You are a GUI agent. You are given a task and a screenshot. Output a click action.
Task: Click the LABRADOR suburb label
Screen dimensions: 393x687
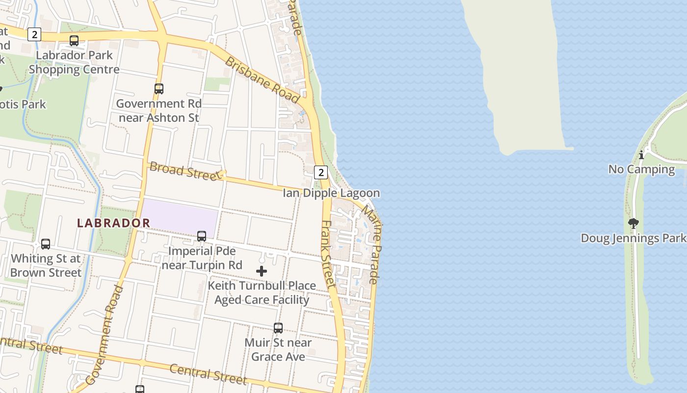tap(113, 223)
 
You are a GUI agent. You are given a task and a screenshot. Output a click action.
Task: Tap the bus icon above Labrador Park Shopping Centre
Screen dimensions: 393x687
tap(74, 41)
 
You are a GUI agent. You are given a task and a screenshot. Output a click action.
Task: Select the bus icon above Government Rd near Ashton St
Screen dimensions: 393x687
tap(159, 89)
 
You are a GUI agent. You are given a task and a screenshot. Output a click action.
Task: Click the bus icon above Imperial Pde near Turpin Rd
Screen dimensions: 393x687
tap(202, 236)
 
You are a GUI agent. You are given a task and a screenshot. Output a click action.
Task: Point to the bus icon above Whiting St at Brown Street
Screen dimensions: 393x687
tap(46, 244)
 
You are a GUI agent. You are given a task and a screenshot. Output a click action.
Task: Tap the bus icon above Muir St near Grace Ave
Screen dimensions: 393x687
tap(278, 328)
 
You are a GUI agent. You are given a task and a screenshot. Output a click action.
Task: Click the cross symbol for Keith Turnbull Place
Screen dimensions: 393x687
tap(262, 271)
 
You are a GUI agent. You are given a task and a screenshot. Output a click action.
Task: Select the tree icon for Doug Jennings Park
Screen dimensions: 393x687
tap(634, 224)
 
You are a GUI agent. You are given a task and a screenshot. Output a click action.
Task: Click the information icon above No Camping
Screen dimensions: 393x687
tap(641, 155)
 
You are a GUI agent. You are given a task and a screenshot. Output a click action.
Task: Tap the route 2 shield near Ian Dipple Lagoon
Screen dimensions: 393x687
tap(320, 172)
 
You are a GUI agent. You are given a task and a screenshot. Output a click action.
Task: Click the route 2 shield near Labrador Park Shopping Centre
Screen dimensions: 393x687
tap(34, 34)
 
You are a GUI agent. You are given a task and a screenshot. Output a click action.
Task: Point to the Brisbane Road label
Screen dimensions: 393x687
tap(262, 80)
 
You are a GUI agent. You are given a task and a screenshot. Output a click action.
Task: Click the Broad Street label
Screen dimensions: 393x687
tap(185, 171)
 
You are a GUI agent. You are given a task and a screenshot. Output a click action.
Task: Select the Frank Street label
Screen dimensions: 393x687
tap(327, 253)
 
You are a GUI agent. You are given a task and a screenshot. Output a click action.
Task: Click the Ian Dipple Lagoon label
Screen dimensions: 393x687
tap(331, 193)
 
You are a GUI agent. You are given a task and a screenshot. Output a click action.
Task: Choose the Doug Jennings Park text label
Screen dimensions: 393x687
tap(633, 238)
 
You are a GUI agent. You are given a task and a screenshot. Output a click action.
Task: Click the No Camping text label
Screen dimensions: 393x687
tap(641, 169)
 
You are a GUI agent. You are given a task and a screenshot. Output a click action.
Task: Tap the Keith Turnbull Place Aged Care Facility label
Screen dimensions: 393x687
tap(262, 293)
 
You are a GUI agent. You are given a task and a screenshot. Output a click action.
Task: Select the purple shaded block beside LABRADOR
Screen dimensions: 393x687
tap(180, 216)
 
